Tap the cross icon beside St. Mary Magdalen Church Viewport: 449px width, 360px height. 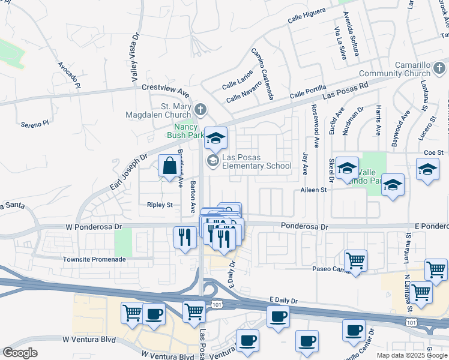(200, 109)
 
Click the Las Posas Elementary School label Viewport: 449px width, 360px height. (256, 161)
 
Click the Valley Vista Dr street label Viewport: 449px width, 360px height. (134, 58)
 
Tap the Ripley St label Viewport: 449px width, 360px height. (160, 205)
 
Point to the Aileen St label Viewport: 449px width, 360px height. (313, 190)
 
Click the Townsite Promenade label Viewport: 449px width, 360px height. (95, 259)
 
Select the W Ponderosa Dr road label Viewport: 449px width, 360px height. (93, 227)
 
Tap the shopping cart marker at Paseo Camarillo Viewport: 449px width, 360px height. (356, 260)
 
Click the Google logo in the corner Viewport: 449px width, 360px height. (20, 353)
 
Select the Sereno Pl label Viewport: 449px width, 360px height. (34, 124)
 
